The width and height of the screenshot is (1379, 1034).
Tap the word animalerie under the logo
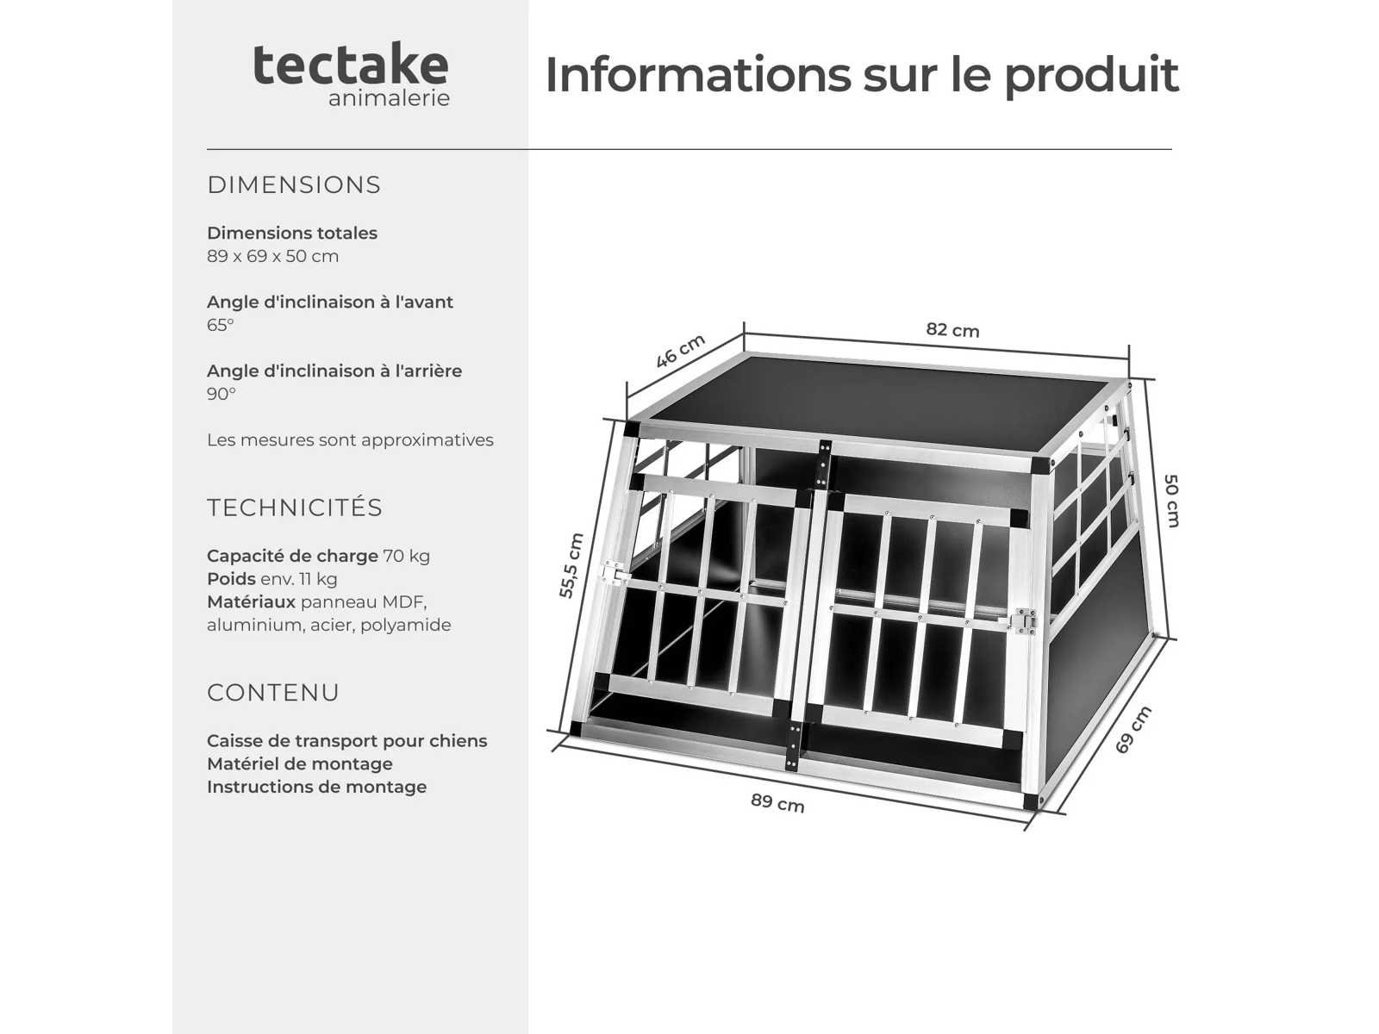pyautogui.click(x=389, y=98)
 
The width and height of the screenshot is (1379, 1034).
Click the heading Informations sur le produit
pyautogui.click(x=861, y=75)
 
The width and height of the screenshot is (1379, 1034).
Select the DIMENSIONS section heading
pyautogui.click(x=294, y=184)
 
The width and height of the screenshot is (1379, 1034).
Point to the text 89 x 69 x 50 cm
pyautogui.click(x=272, y=256)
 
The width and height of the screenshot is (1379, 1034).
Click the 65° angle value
pyautogui.click(x=221, y=325)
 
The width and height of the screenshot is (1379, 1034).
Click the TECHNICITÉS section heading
pyautogui.click(x=295, y=507)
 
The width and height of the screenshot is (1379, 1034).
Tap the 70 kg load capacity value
pyautogui.click(x=407, y=556)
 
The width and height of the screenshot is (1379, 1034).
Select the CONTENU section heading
pyautogui.click(x=273, y=692)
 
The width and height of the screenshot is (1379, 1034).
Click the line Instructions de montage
pyautogui.click(x=316, y=787)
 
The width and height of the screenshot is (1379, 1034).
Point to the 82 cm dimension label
pyautogui.click(x=952, y=330)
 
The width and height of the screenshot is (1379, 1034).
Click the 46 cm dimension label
pyautogui.click(x=680, y=351)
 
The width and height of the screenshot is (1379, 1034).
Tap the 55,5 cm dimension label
pyautogui.click(x=571, y=565)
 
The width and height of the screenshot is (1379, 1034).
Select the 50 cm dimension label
pyautogui.click(x=1171, y=501)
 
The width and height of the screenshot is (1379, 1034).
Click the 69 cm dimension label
pyautogui.click(x=1133, y=730)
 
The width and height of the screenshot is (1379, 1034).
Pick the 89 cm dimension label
pyautogui.click(x=777, y=803)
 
